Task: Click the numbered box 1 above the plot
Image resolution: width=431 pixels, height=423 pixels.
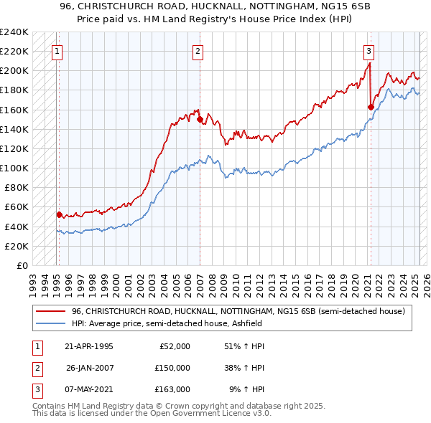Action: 57,51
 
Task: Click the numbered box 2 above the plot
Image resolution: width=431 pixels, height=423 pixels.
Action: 197,51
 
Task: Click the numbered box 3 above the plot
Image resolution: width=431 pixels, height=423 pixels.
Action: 369,51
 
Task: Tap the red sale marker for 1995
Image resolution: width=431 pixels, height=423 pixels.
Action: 59,214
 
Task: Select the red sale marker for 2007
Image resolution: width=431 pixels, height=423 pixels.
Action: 200,120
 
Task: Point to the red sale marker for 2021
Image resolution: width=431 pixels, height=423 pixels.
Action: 371,107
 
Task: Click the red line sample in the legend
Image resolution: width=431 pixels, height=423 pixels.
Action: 50,311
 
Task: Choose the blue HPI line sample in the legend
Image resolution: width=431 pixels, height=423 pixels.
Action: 50,323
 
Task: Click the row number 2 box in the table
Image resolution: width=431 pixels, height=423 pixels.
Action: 35,368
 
